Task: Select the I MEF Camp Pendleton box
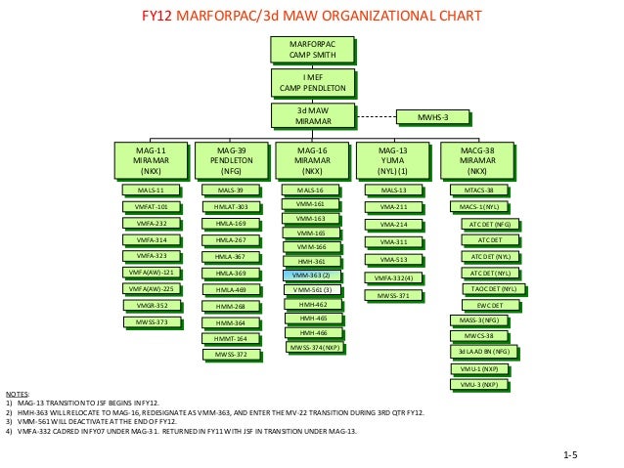(311, 81)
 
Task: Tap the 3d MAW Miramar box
(311, 114)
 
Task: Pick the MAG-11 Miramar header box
(150, 159)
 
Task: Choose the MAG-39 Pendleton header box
(231, 159)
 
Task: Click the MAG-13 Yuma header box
(392, 159)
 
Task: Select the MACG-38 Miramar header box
(477, 159)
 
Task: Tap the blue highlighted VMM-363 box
(312, 277)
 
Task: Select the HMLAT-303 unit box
(231, 207)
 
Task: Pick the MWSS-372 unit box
(231, 354)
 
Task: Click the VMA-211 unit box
(393, 207)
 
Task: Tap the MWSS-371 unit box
(393, 294)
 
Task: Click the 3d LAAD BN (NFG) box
(480, 351)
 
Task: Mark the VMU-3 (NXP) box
(480, 385)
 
